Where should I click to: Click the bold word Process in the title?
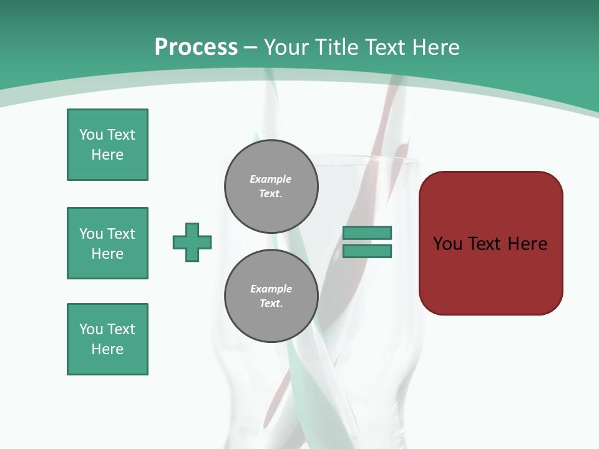[196, 47]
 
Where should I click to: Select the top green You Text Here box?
[107, 145]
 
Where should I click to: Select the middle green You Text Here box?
[107, 243]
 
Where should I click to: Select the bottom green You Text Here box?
[107, 339]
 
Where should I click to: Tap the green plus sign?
[192, 242]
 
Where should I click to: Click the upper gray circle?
[271, 186]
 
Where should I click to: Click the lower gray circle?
[271, 296]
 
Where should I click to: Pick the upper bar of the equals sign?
[367, 233]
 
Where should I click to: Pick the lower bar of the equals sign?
[367, 251]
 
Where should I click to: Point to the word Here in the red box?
[527, 243]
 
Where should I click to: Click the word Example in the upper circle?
[270, 179]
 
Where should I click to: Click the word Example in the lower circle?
[271, 289]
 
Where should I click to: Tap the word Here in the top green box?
[107, 155]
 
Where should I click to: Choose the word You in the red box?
[447, 243]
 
